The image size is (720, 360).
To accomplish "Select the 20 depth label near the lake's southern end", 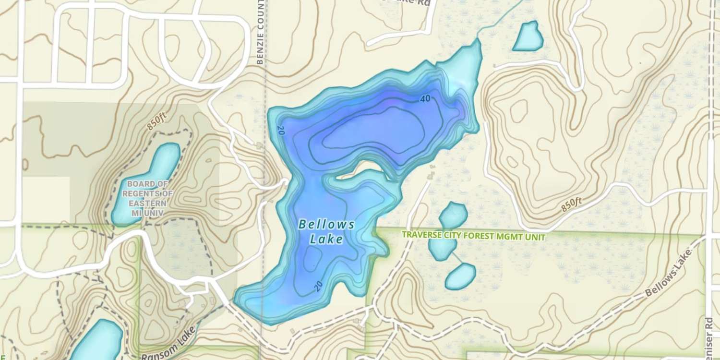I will (x=318, y=287).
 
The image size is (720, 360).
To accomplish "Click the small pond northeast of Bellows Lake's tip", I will (x=528, y=36).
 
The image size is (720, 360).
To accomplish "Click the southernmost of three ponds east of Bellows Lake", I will (x=460, y=276).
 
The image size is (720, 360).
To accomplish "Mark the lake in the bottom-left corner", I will (x=96, y=341).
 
